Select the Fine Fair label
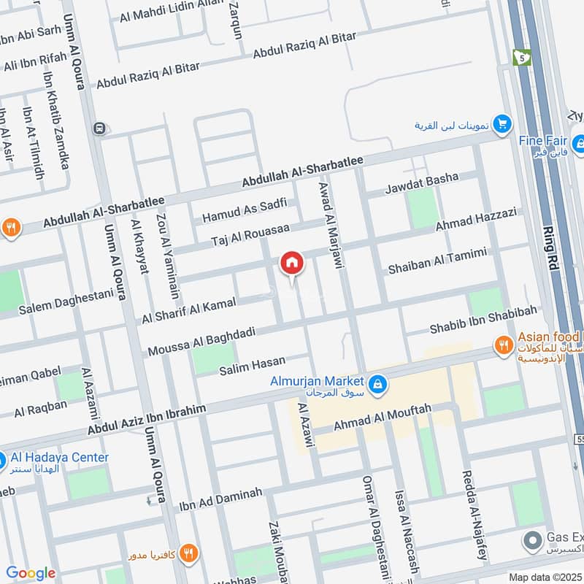click(x=544, y=141)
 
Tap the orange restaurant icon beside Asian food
click(x=502, y=344)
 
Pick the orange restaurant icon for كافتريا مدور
click(x=188, y=553)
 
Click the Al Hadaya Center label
click(x=60, y=458)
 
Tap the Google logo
click(x=30, y=573)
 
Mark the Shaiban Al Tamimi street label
click(x=437, y=261)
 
